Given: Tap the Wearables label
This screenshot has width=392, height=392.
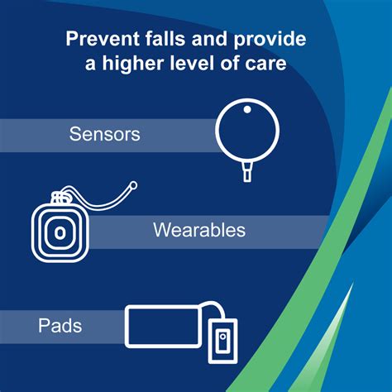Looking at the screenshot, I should pyautogui.click(x=198, y=230).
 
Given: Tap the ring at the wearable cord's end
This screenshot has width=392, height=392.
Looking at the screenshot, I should pyautogui.click(x=132, y=187).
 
